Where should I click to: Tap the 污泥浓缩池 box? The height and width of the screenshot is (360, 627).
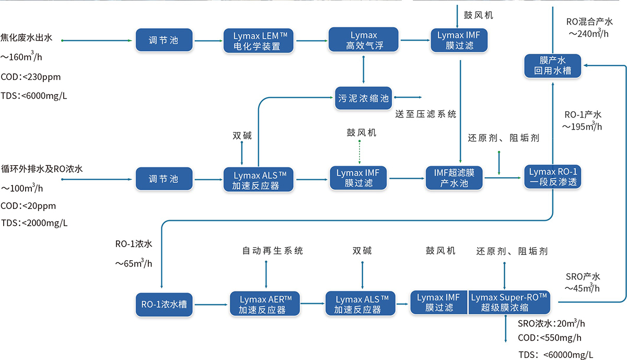click(x=364, y=97)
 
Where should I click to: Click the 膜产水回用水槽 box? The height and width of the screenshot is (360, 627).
click(x=552, y=65)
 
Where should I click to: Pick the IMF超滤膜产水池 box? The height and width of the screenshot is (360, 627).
click(x=454, y=178)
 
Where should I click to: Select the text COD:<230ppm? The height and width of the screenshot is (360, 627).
click(x=31, y=77)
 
